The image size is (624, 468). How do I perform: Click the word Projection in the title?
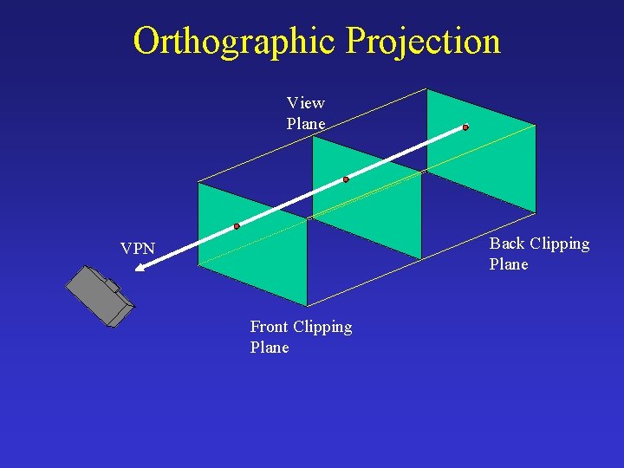point(422,41)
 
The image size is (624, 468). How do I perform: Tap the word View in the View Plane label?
point(306,103)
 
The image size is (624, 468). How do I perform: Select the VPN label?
point(138,250)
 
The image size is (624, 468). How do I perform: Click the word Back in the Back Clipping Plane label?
point(507,244)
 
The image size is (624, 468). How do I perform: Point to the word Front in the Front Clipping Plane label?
point(270,327)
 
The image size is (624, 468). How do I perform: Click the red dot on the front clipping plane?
point(237,226)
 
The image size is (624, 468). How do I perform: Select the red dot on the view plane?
point(346,179)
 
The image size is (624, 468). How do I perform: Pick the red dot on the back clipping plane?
point(465,127)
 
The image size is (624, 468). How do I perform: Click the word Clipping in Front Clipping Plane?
point(323,327)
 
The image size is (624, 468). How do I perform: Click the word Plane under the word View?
point(306,124)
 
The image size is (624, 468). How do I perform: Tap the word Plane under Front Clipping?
point(270,348)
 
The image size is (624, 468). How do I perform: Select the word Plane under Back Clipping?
point(509,264)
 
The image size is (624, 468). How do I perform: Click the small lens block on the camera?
point(112,285)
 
